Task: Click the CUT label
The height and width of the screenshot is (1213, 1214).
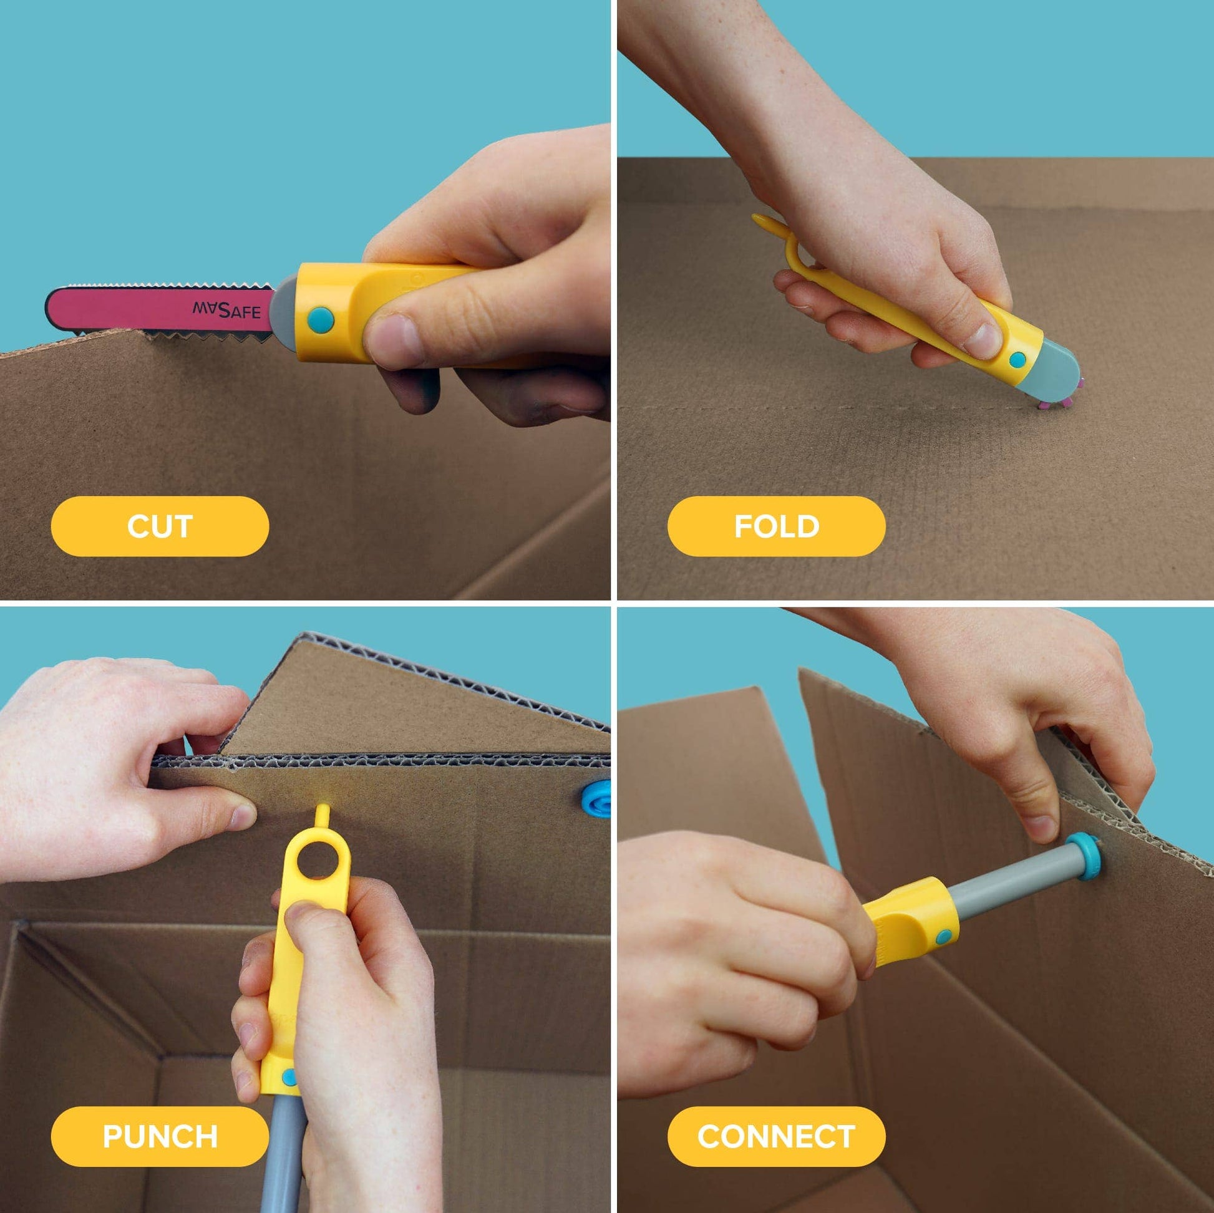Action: pos(160,526)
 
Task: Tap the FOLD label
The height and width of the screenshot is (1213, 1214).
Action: pos(776,526)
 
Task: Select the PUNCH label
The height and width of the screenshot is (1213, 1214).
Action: pos(160,1136)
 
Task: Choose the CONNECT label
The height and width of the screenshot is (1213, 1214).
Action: pos(776,1136)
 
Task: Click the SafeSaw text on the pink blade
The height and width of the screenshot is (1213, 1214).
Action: pos(226,311)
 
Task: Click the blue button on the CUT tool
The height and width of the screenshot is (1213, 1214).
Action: pos(321,319)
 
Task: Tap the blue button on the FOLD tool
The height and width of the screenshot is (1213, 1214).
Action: pos(1017,360)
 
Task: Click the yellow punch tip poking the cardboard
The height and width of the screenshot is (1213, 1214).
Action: pos(323,815)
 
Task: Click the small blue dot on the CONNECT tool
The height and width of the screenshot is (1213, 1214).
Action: pos(943,938)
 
